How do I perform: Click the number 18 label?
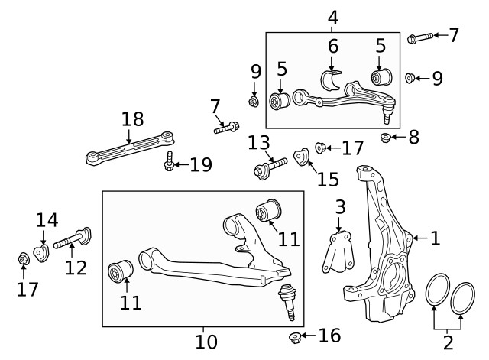pyautogui.click(x=132, y=119)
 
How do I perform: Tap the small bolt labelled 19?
pyautogui.click(x=169, y=164)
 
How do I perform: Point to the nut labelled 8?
pyautogui.click(x=387, y=138)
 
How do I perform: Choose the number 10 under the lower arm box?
pyautogui.click(x=206, y=341)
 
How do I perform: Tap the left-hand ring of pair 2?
pyautogui.click(x=437, y=294)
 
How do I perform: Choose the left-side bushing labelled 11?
pyautogui.click(x=121, y=271)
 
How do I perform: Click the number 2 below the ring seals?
pyautogui.click(x=449, y=342)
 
